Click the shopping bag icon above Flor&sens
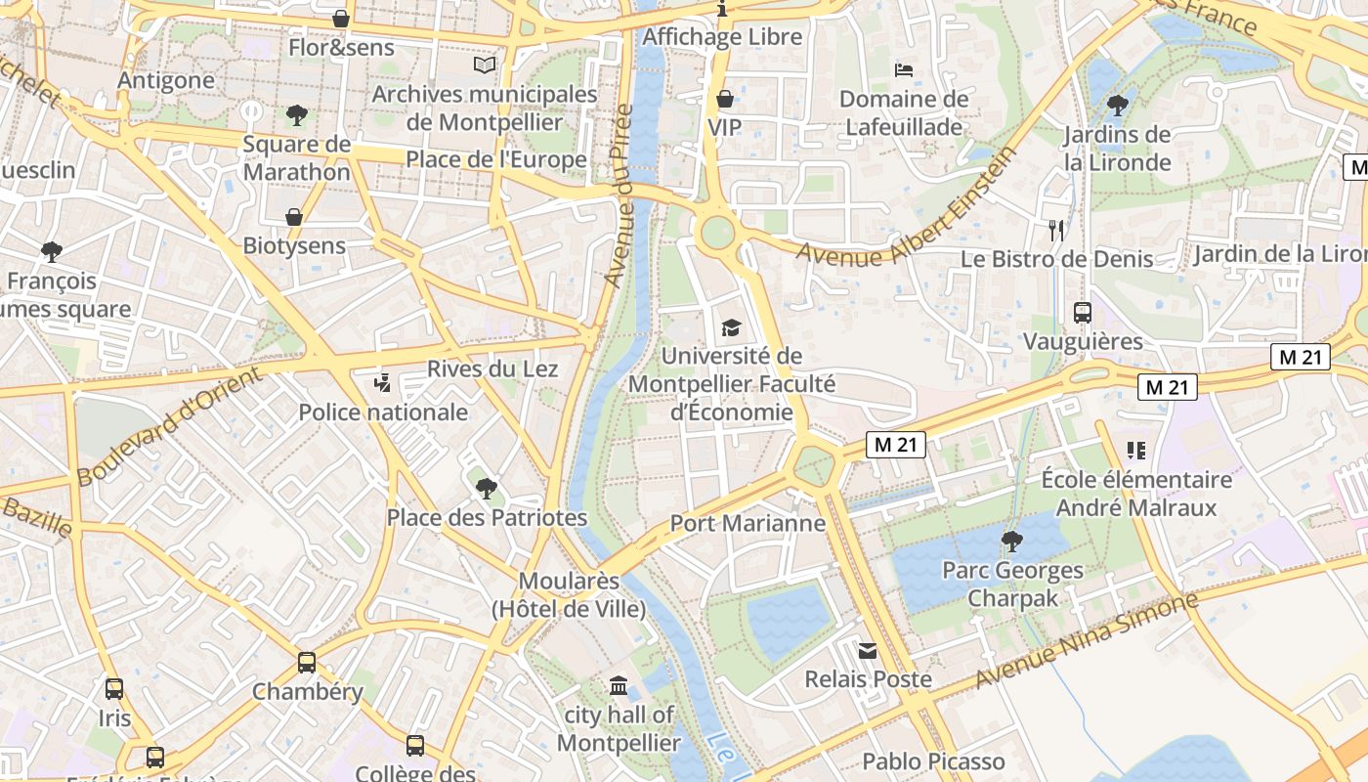(x=340, y=19)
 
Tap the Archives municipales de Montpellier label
(x=485, y=108)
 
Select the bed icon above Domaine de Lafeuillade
(x=904, y=70)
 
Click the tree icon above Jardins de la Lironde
(x=1118, y=105)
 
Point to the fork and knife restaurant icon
(x=1055, y=231)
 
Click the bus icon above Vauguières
(x=1083, y=313)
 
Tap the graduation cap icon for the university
(x=731, y=327)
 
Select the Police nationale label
(x=383, y=412)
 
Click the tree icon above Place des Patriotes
(x=487, y=487)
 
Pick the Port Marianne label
(x=748, y=523)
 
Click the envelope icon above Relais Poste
(x=868, y=650)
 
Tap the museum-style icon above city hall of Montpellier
(x=619, y=686)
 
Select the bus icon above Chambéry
(x=307, y=663)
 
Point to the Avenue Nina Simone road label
(x=1087, y=638)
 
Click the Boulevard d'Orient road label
(x=170, y=426)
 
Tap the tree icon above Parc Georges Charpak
(x=1012, y=540)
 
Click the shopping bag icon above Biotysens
(x=293, y=217)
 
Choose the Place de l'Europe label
(x=496, y=159)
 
